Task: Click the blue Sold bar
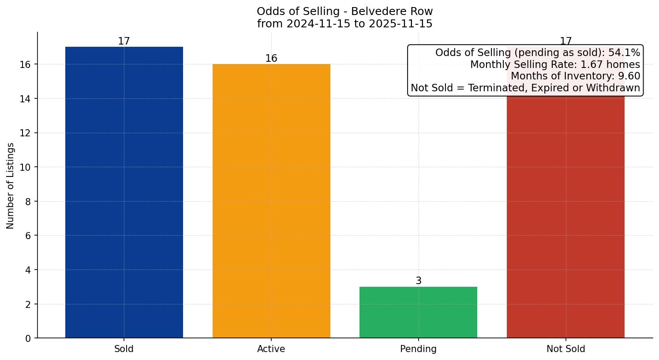point(124,192)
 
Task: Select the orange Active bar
point(271,201)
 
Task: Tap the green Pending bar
point(418,312)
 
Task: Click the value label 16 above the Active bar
point(271,59)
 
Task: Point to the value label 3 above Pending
point(418,281)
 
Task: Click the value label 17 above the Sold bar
point(124,41)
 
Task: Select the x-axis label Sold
point(124,349)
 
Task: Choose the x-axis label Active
point(271,349)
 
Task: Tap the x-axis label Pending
point(418,349)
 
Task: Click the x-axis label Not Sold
point(565,349)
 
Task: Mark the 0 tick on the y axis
point(29,338)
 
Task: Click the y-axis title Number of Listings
point(11,186)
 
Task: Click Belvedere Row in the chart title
point(392,11)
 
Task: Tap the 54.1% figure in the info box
point(624,53)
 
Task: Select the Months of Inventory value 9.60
point(629,76)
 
